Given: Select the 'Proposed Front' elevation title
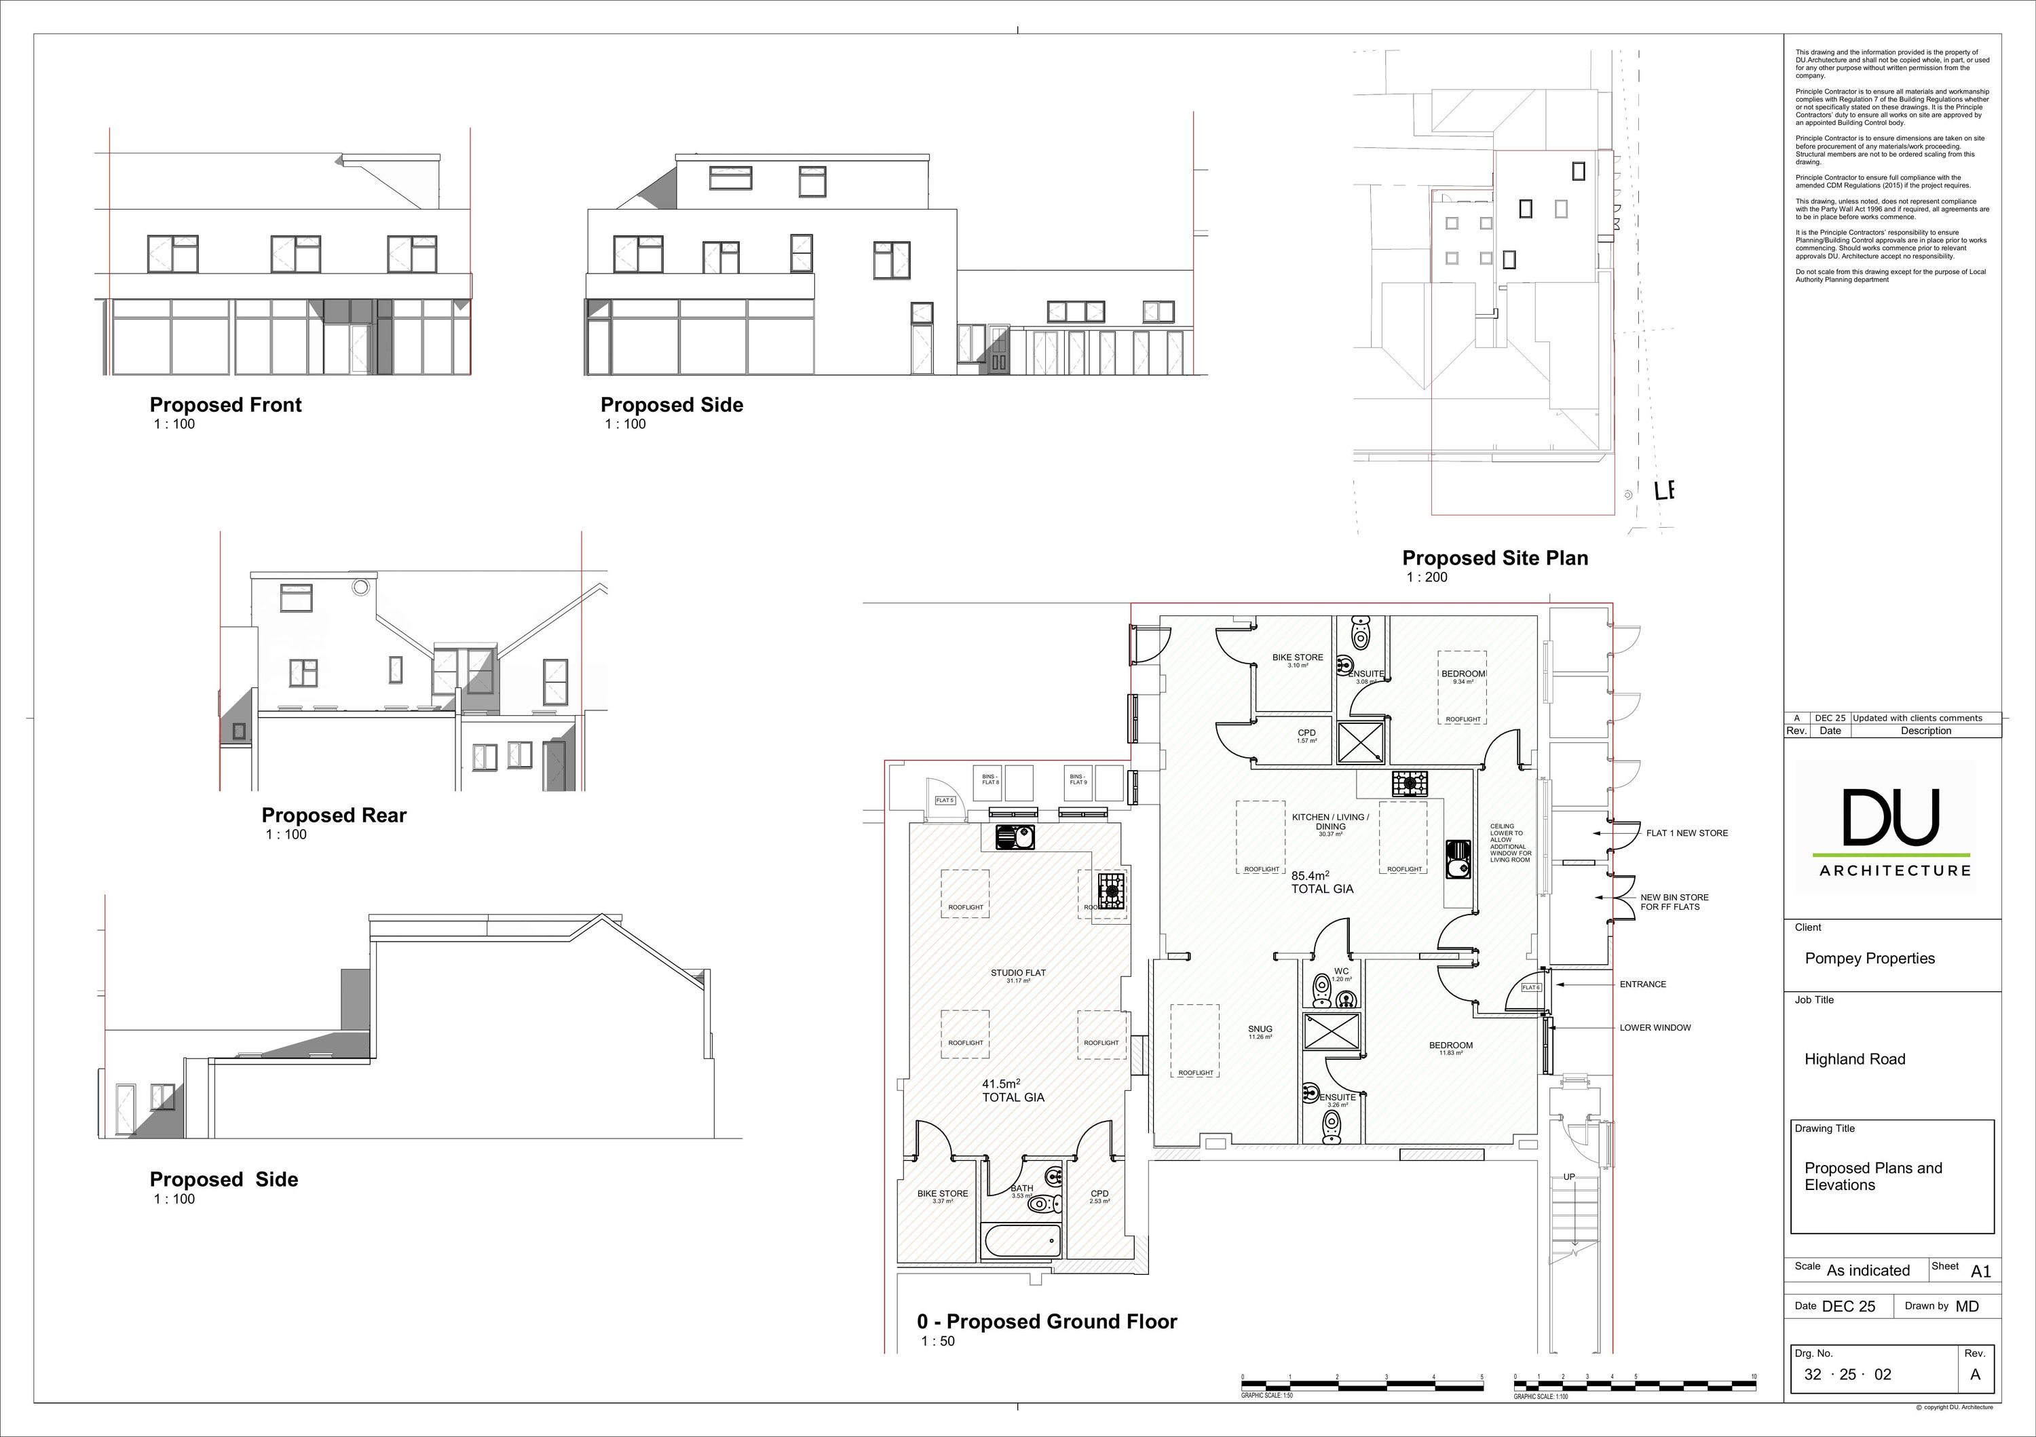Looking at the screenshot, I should coord(225,405).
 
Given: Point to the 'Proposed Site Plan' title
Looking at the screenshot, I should coord(1495,558).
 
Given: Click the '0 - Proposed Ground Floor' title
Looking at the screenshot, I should coord(1047,1322).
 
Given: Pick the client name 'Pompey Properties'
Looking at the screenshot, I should coord(1869,958).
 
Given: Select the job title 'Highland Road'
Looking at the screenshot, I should coord(1854,1059).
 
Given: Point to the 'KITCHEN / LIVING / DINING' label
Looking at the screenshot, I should coord(1330,822).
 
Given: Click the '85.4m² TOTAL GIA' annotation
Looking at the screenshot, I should coord(1322,882).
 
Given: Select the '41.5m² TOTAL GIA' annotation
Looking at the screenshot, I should coord(1013,1090).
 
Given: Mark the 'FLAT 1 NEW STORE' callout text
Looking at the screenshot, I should coord(1686,833).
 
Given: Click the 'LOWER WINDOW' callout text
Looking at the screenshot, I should coord(1655,1029).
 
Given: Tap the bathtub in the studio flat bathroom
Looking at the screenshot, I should coord(1021,1241).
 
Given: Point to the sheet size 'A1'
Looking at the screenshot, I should coord(1980,1271).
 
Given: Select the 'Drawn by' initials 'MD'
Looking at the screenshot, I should coord(1967,1307).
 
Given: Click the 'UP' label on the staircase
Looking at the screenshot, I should coord(1568,1177).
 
